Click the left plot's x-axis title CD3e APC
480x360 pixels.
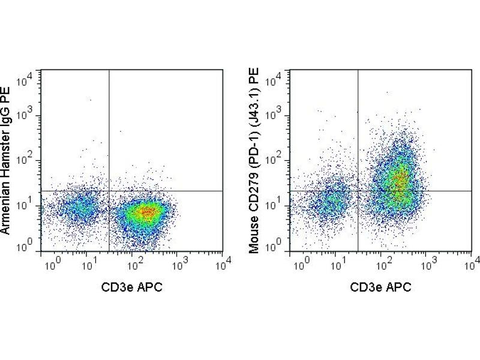point(132,287)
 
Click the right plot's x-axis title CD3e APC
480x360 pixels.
point(381,287)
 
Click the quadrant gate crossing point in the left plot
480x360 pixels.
point(109,191)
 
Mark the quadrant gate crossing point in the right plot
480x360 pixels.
point(358,191)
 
